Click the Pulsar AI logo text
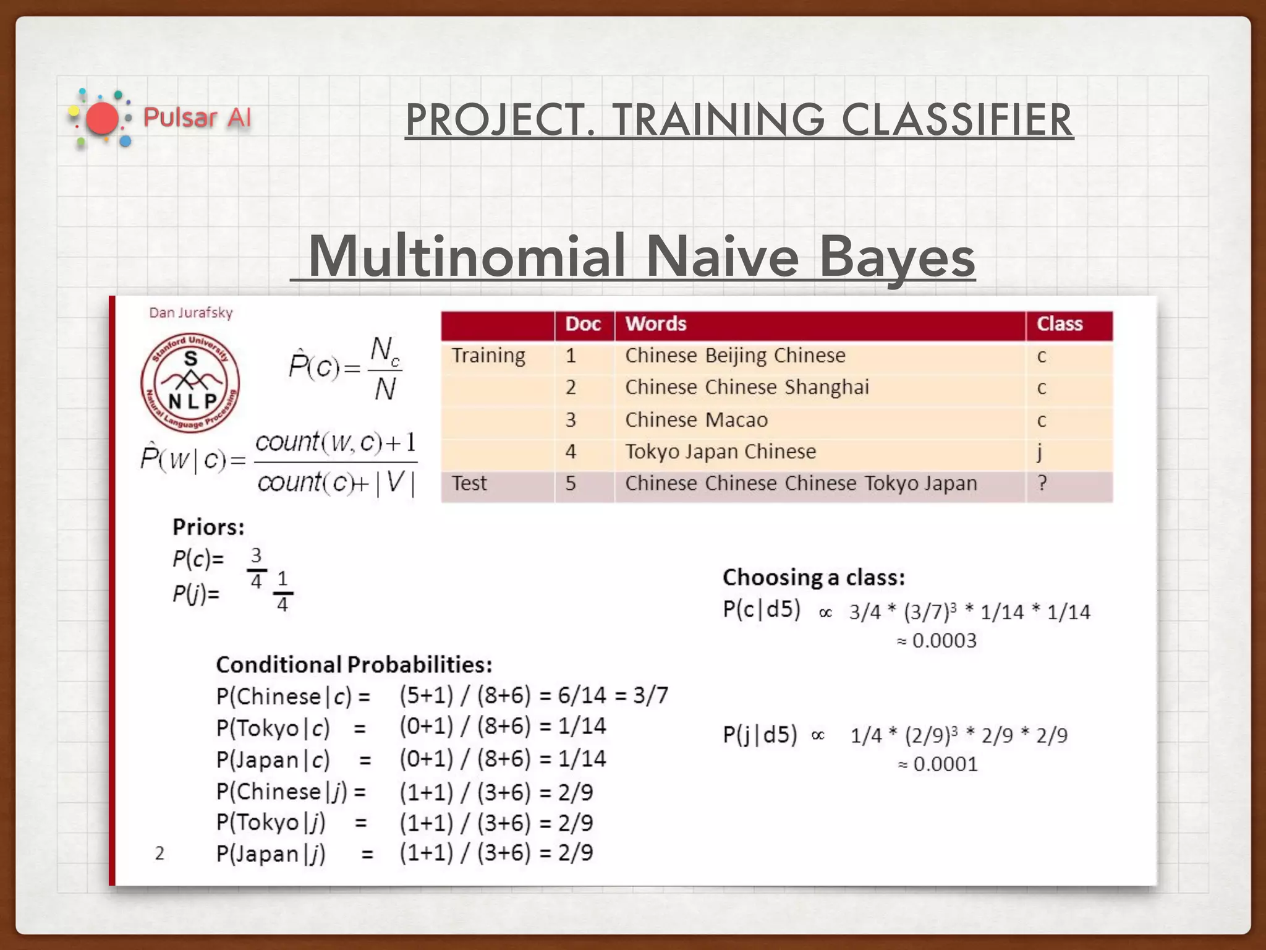click(197, 117)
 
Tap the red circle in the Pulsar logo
click(101, 118)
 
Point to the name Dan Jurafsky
click(190, 313)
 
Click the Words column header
click(655, 324)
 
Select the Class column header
click(1060, 324)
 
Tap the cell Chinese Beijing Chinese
click(734, 356)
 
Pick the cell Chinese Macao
click(696, 420)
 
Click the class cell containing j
click(1040, 452)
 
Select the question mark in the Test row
click(1042, 483)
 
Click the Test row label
click(469, 483)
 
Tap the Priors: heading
click(208, 527)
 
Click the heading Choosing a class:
click(814, 578)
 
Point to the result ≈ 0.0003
click(937, 641)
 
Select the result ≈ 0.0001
click(938, 764)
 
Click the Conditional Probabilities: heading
click(354, 665)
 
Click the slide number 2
click(159, 854)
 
